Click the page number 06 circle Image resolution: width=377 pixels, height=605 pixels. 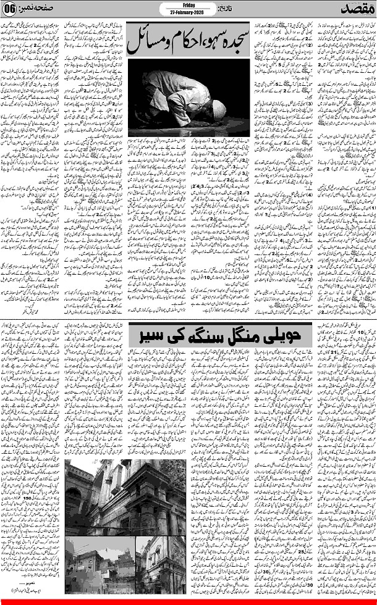(x=9, y=10)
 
